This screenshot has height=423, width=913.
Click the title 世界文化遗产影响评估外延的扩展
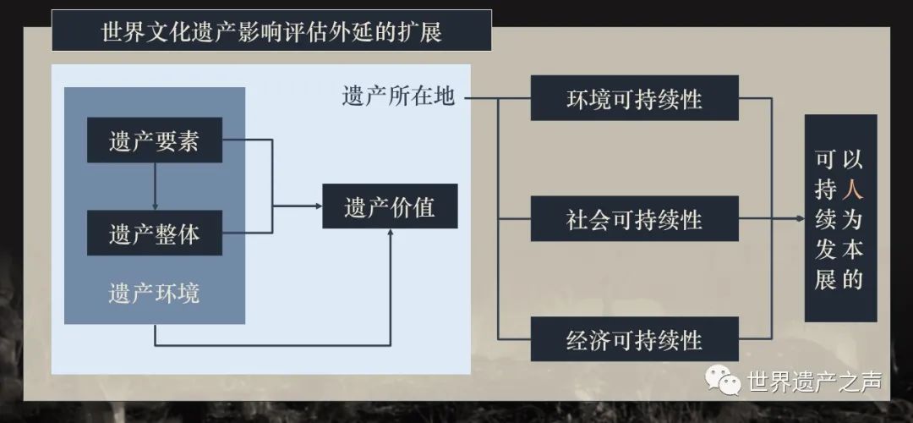[271, 31]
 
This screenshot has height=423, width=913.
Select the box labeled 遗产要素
[155, 140]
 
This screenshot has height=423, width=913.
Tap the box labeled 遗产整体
[155, 233]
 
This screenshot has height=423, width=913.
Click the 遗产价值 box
[390, 206]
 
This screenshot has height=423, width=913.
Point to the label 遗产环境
[154, 293]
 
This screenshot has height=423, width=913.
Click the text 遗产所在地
[398, 96]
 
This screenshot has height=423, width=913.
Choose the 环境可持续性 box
[635, 98]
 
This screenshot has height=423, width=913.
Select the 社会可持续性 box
[635, 218]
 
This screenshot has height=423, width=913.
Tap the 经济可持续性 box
[635, 339]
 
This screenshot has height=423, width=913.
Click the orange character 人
[852, 190]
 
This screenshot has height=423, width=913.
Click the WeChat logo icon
[723, 379]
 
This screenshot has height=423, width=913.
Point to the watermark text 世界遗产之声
[815, 382]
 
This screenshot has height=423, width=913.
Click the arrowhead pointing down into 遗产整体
[155, 206]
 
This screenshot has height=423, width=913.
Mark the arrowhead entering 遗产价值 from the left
[319, 206]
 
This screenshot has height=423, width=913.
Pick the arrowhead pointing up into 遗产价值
[390, 232]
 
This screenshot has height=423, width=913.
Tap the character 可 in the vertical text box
[825, 158]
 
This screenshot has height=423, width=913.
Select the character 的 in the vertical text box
[852, 280]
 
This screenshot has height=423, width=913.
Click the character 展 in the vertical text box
[825, 280]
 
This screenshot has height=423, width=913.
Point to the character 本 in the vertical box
[852, 250]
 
